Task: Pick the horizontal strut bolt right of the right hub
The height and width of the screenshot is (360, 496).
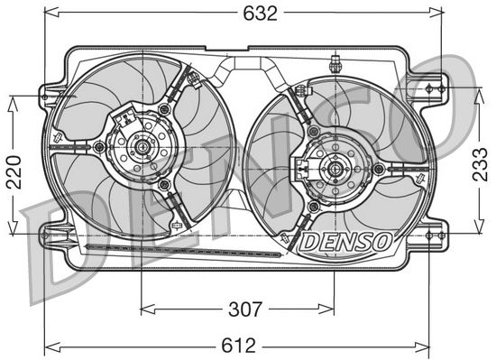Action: [379, 165]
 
